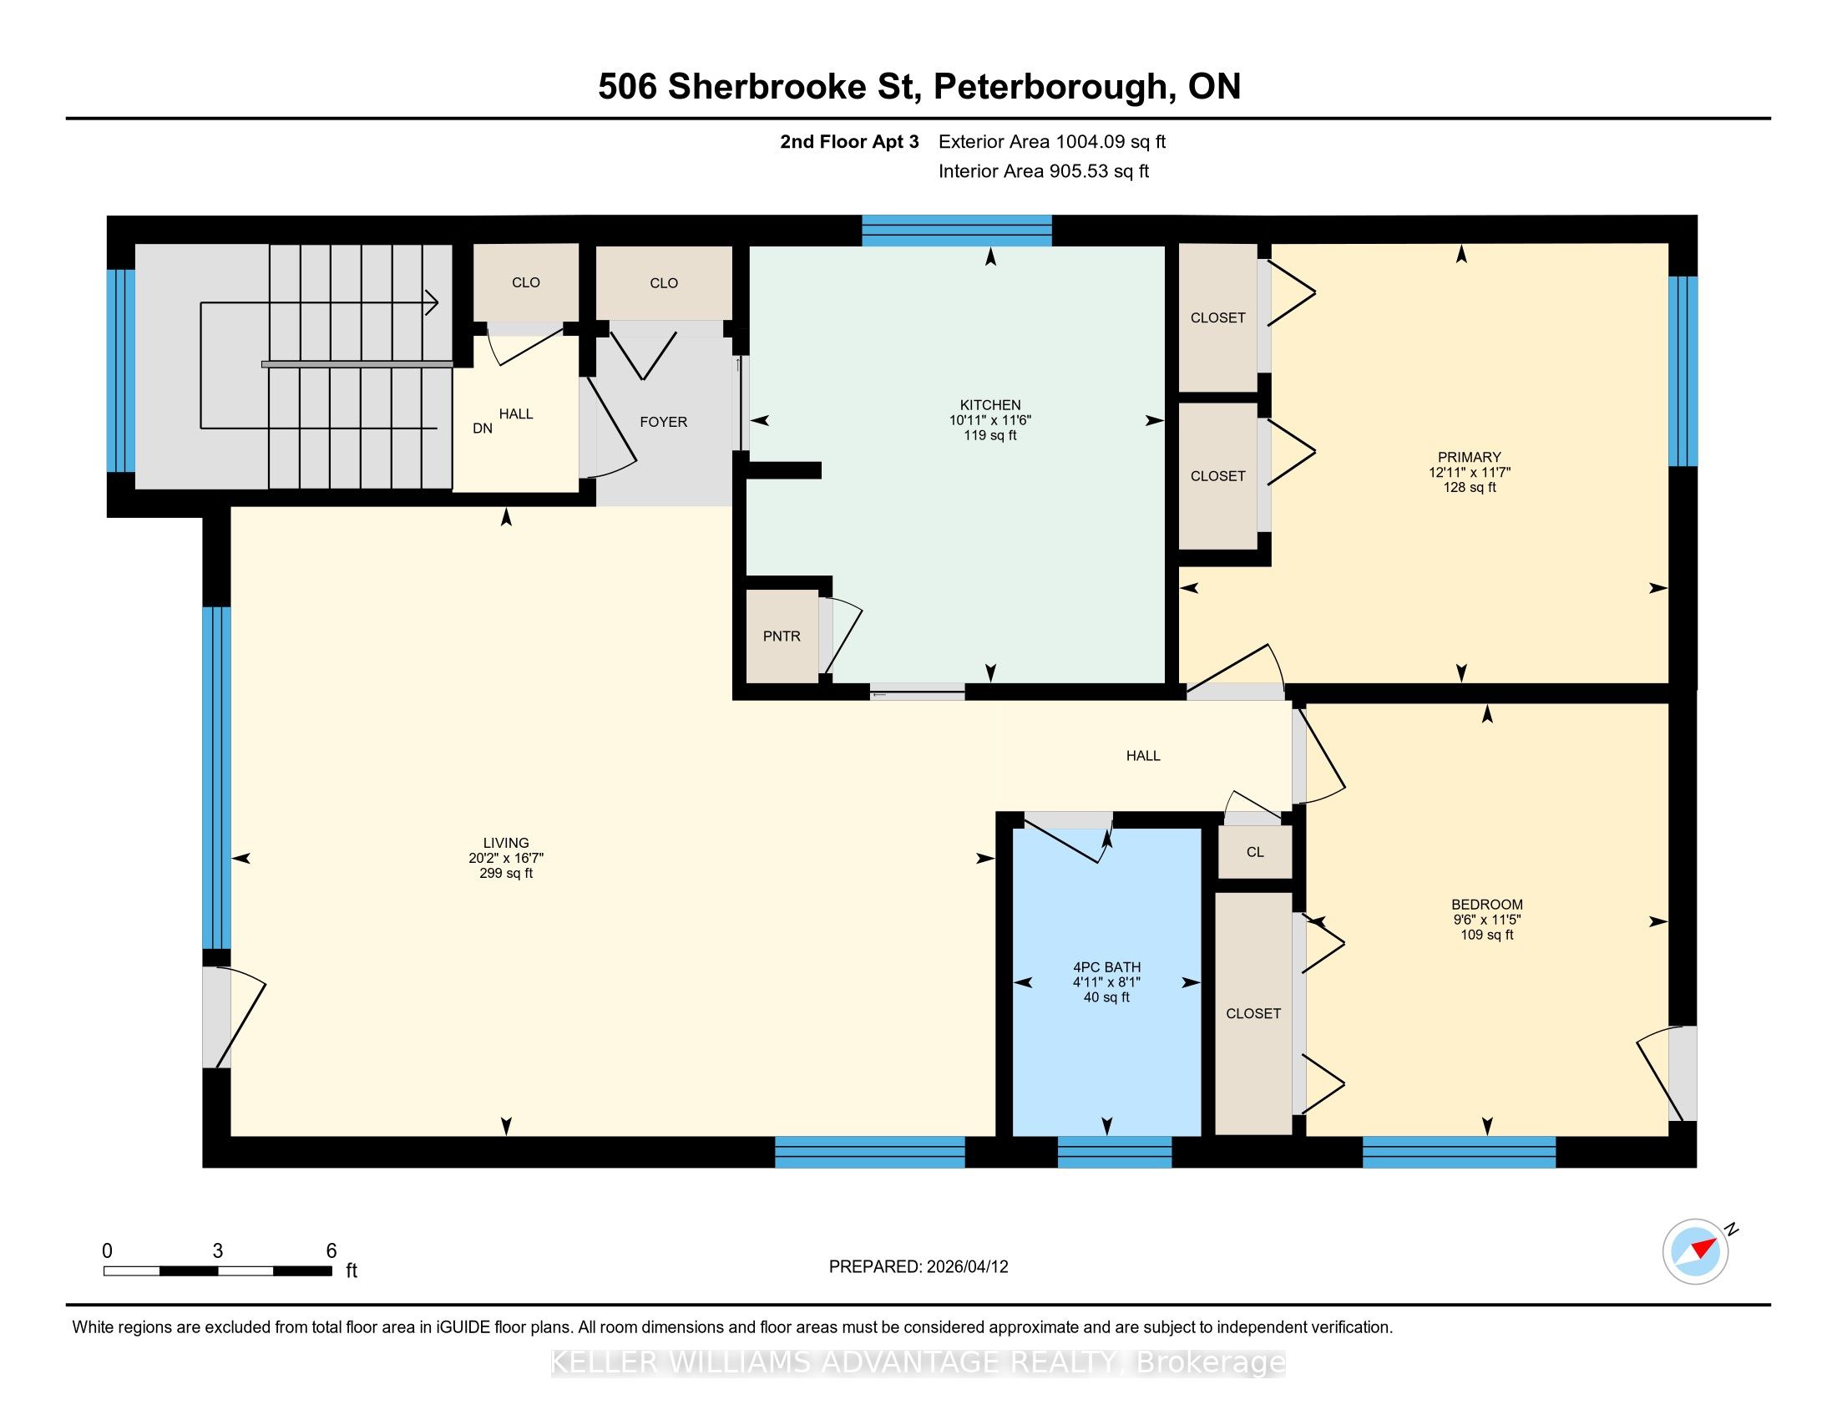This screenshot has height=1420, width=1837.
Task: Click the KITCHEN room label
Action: [x=990, y=404]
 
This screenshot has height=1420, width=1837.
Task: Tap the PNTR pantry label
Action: [x=782, y=636]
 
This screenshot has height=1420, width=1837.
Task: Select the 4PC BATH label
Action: [x=1106, y=967]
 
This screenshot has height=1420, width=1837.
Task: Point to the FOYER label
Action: [x=664, y=422]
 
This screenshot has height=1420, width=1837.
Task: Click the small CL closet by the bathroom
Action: [x=1255, y=852]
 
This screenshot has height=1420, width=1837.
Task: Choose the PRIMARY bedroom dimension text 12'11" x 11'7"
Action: [x=1470, y=473]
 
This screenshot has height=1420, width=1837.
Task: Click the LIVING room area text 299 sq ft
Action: [x=506, y=873]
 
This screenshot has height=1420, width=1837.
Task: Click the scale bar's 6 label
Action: [x=331, y=1251]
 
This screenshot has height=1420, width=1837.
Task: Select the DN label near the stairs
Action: [x=483, y=429]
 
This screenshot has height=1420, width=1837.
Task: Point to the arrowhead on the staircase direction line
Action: [x=433, y=302]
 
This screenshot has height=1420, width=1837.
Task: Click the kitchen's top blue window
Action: [x=956, y=230]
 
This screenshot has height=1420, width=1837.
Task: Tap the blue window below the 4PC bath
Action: [x=1115, y=1152]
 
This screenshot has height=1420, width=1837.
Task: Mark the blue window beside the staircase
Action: [x=121, y=370]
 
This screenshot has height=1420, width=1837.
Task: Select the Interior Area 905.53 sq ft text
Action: [x=1044, y=171]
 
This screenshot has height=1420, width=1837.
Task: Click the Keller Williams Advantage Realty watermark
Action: [x=918, y=1362]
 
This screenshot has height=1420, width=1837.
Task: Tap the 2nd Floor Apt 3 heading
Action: [x=849, y=142]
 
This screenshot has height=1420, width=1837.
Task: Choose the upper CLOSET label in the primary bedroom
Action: [x=1218, y=318]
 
